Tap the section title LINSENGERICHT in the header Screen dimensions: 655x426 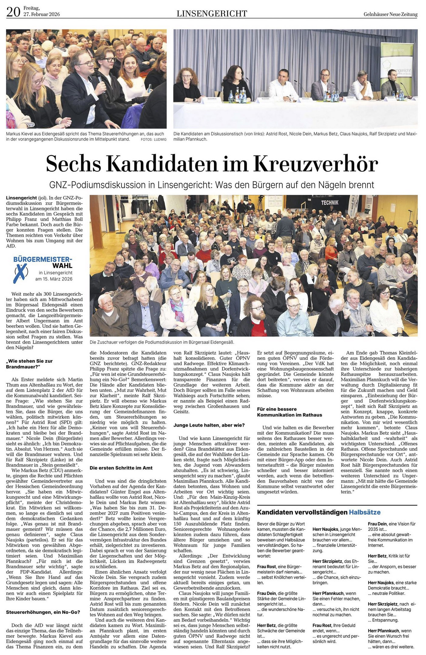pyautogui.click(x=212, y=13)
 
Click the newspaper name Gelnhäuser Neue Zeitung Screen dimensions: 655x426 pyautogui.click(x=390, y=14)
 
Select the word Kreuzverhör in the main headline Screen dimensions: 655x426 pyautogui.click(x=316, y=164)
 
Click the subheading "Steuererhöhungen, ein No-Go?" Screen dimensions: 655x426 pyautogui.click(x=43, y=604)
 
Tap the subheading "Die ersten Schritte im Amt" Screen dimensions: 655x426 pyautogui.click(x=120, y=468)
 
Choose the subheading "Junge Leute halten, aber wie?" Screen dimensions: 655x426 pyautogui.click(x=209, y=425)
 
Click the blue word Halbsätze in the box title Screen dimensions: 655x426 pyautogui.click(x=364, y=512)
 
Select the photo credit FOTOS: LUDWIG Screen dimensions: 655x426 pyautogui.click(x=154, y=139)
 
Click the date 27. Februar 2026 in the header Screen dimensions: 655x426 pyautogui.click(x=42, y=15)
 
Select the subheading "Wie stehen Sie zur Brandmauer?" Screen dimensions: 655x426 pyautogui.click(x=29, y=364)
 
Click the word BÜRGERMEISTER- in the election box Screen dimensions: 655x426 pyautogui.click(x=43, y=259)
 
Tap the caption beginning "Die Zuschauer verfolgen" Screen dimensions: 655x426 pyautogui.click(x=162, y=342)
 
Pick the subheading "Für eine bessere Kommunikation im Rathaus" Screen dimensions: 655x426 pyautogui.click(x=289, y=412)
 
